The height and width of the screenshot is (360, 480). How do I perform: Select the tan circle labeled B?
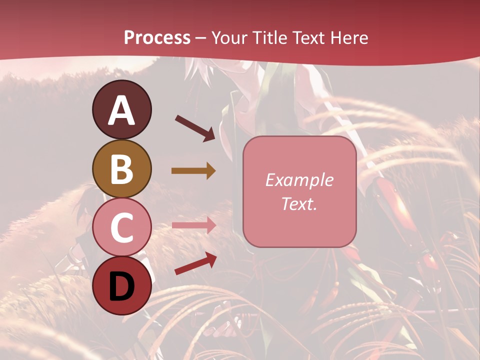click(x=121, y=168)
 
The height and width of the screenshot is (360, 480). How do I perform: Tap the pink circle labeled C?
click(x=121, y=227)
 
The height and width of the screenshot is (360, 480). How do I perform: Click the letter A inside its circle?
click(x=121, y=111)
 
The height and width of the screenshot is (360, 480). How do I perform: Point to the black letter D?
click(x=121, y=286)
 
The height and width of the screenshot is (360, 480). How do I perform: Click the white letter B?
click(x=121, y=169)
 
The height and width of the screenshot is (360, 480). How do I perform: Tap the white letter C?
click(x=121, y=228)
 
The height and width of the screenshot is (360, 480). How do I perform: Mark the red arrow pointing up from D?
click(x=195, y=263)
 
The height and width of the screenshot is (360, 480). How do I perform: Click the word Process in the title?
click(x=157, y=38)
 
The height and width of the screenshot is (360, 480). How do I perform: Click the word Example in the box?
click(x=299, y=180)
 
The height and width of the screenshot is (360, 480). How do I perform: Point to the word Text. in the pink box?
click(x=299, y=203)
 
